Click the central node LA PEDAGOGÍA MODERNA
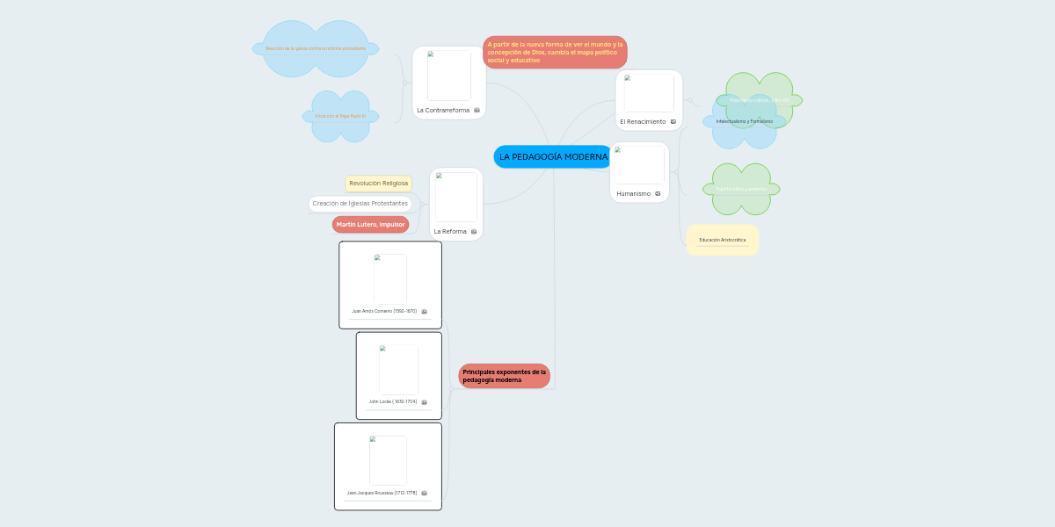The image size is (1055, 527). [x=553, y=157]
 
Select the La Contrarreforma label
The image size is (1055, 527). [x=443, y=110]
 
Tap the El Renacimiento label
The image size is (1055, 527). [x=643, y=121]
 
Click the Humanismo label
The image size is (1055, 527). [x=633, y=193]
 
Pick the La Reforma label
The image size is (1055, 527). [x=450, y=231]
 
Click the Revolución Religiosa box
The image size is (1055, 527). [x=378, y=184]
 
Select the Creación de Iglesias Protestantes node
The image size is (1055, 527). [x=360, y=204]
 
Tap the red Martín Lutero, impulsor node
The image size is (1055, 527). [x=370, y=224]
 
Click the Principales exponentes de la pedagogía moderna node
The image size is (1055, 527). [x=504, y=376]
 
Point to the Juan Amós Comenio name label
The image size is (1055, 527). [x=384, y=311]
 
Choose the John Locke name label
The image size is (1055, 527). [x=392, y=401]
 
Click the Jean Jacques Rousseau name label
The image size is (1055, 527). [x=382, y=493]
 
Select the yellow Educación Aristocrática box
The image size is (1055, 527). [x=722, y=240]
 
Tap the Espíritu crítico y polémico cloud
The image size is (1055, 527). [x=740, y=189]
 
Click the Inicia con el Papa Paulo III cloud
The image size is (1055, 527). [x=340, y=116]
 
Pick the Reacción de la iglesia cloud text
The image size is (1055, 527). [x=315, y=48]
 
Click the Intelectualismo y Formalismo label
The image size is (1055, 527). [x=744, y=121]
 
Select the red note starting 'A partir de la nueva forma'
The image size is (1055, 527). [x=555, y=52]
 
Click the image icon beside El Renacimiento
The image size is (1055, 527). [x=673, y=121]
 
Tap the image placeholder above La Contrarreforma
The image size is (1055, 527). [x=448, y=76]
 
